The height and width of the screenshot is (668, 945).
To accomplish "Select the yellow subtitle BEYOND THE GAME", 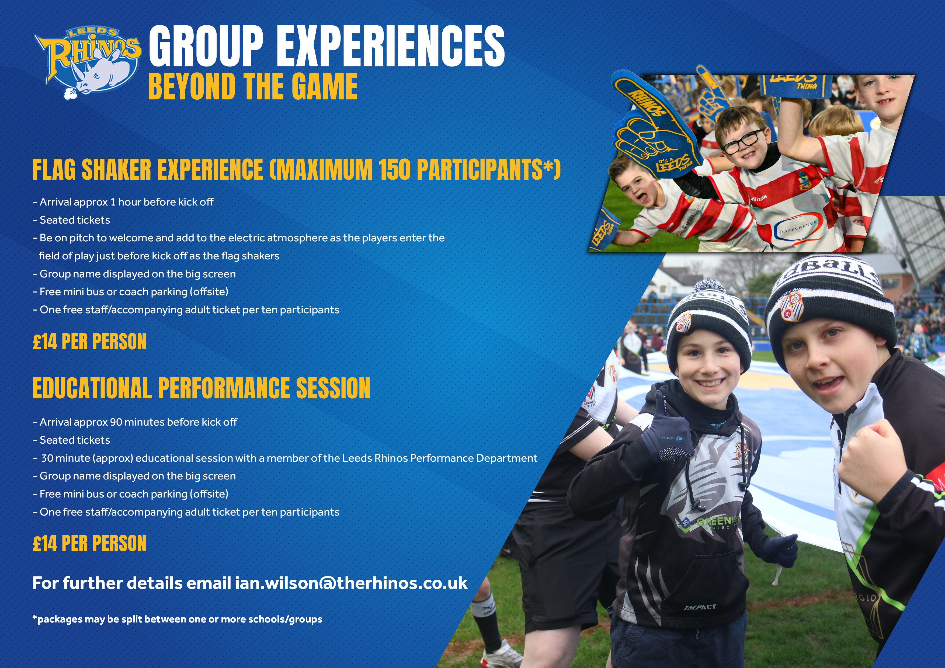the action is point(253,86).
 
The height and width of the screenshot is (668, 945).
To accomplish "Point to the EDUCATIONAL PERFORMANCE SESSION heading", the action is point(201,388).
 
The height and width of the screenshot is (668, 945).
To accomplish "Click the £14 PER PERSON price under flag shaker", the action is point(89,342).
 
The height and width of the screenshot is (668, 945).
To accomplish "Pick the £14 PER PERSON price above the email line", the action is point(89,543).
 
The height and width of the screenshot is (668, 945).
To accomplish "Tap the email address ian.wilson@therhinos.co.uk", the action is point(351,583).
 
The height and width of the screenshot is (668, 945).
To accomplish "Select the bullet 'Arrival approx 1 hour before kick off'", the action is point(123,202).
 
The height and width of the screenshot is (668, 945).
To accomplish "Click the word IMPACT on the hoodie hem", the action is point(700,607).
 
